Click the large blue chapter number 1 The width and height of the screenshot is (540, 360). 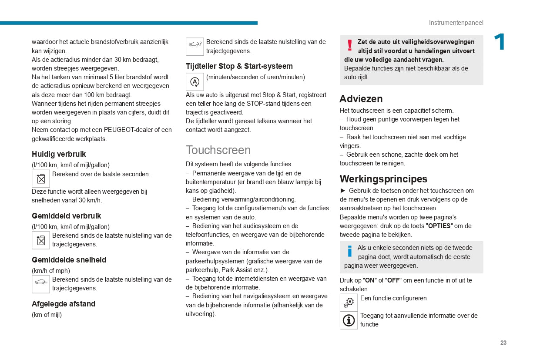coord(499,43)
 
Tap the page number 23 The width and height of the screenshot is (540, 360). coord(503,343)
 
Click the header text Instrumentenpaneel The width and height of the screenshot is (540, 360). coord(456,23)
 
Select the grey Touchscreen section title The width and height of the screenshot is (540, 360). coord(218,150)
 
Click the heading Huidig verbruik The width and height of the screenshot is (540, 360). coord(59,154)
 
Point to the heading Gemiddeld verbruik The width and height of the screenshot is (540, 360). coord(66,216)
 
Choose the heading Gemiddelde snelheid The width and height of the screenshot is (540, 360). coord(69,260)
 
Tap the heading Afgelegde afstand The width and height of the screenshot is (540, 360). coord(64,304)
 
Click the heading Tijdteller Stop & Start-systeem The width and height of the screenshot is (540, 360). coord(239,66)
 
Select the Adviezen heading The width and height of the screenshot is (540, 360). coord(361,99)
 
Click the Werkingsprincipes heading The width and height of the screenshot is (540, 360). coord(383,179)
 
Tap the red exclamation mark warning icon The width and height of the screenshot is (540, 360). coord(349,45)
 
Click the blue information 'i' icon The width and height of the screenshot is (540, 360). coord(349,251)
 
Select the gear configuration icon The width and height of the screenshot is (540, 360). coord(349,303)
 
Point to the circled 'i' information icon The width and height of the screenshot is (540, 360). coord(349,320)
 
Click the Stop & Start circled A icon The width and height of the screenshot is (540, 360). coord(195,82)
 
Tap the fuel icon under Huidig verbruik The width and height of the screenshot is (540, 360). coord(41,178)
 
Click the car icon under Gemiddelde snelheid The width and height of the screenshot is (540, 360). coord(41,284)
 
